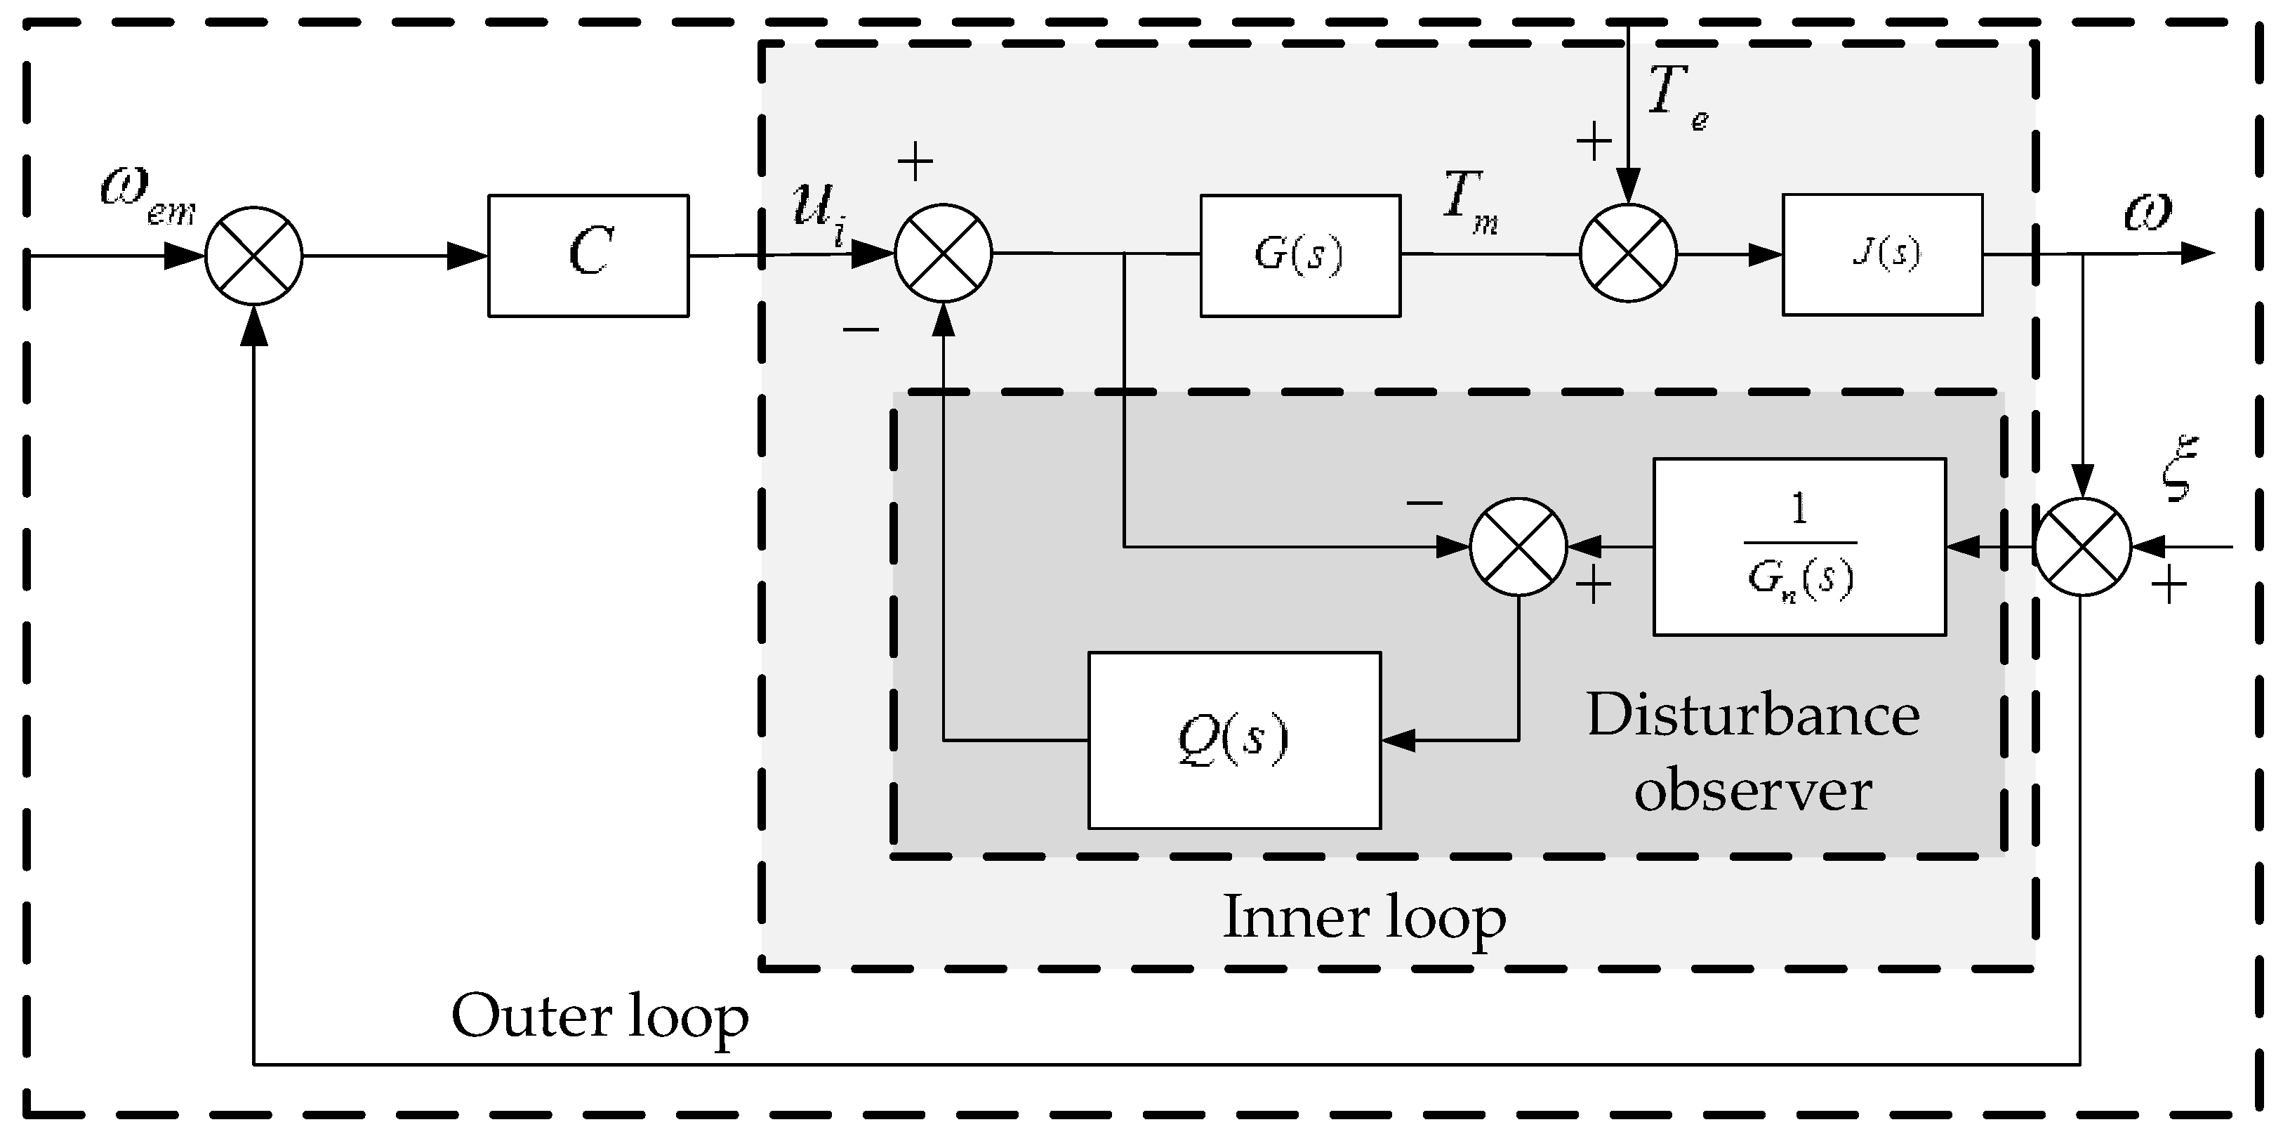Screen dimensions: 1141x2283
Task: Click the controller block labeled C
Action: tap(588, 256)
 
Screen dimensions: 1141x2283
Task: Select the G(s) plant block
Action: tap(1299, 256)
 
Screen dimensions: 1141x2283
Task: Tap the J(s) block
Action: tap(1881, 254)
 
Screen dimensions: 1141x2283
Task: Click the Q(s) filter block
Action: tap(1233, 740)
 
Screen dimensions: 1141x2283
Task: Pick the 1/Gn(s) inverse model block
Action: tap(1799, 547)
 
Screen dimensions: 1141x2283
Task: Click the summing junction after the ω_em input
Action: tap(253, 256)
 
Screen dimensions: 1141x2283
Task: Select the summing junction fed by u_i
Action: tap(943, 253)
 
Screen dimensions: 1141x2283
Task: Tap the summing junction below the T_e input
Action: tap(1628, 253)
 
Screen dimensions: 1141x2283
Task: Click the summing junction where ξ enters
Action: tap(2082, 547)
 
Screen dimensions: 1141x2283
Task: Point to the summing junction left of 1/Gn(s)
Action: tap(1518, 547)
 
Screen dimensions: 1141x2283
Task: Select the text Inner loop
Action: tap(1364, 917)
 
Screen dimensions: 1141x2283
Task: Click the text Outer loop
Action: tap(600, 1016)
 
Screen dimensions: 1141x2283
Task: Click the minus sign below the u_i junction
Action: tap(861, 331)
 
